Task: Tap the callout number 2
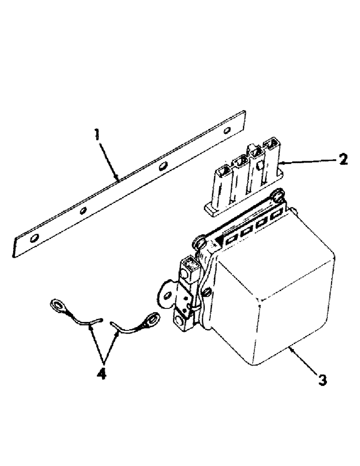point(343,160)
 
